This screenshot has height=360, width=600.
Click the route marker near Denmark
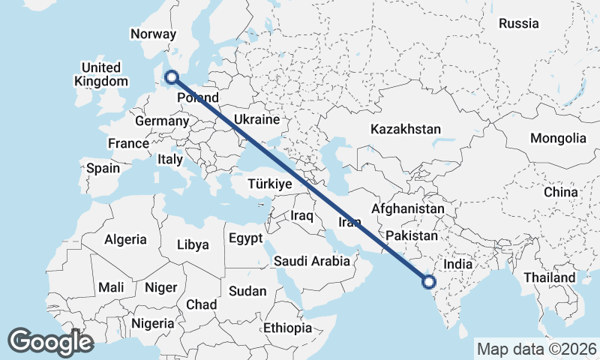172,76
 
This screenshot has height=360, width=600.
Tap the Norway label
153,34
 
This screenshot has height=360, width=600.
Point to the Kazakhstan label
405,129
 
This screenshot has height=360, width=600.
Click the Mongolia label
558,138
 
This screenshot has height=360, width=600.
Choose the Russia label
518,23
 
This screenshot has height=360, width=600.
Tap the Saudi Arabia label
312,261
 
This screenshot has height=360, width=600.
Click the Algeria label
125,240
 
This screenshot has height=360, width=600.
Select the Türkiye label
269,184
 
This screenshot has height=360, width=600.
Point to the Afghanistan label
408,208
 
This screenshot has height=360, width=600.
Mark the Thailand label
550,277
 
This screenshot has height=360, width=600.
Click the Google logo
50,342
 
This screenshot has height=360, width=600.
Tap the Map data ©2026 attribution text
537,349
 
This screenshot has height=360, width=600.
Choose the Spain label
103,168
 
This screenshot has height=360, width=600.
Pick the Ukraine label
256,119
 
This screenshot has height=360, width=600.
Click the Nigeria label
152,323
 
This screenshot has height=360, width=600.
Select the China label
561,192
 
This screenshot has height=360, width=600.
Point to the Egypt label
245,239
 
